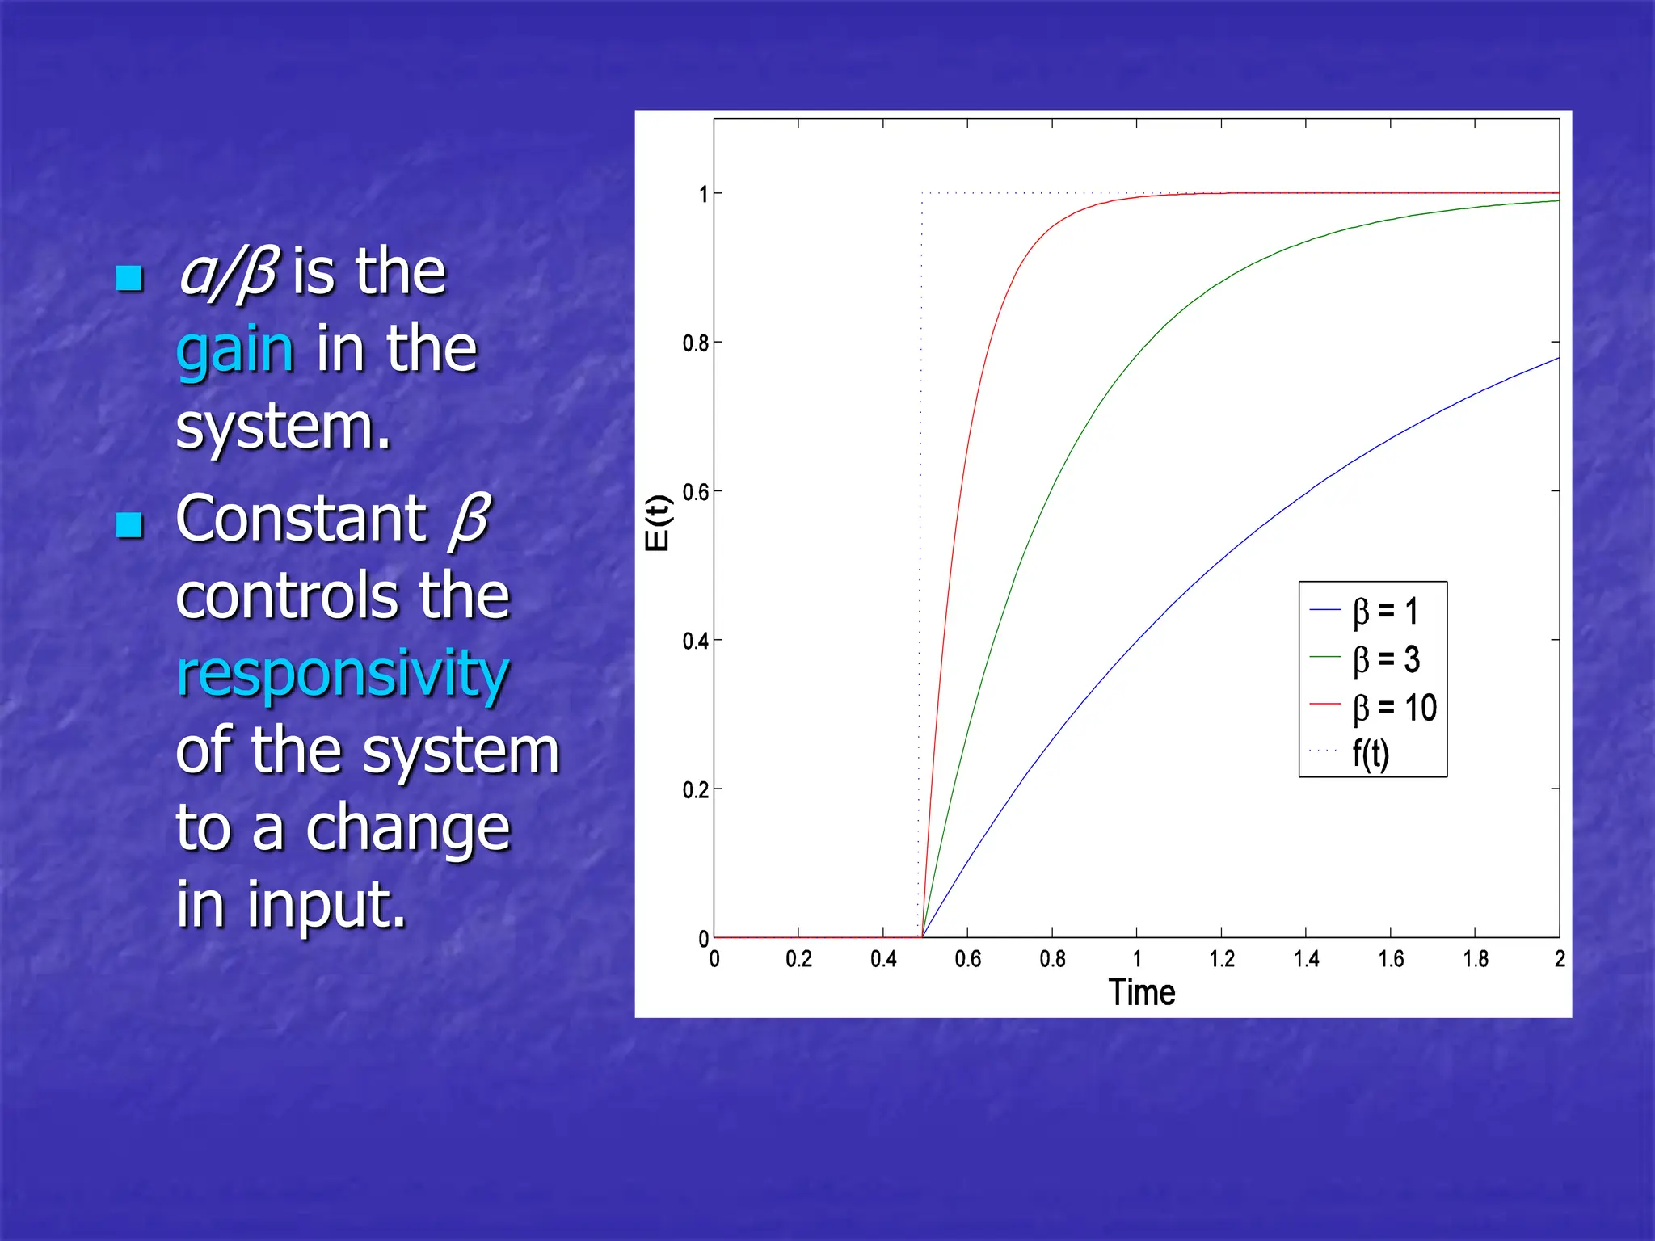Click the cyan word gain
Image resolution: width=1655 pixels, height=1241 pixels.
(x=234, y=351)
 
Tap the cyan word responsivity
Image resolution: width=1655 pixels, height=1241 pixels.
(x=343, y=673)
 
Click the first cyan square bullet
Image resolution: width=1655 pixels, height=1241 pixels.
(x=129, y=278)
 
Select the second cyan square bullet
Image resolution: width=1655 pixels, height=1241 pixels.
(x=129, y=525)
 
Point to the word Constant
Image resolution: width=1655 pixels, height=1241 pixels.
(x=301, y=519)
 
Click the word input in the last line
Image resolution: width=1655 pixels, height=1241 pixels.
(x=326, y=905)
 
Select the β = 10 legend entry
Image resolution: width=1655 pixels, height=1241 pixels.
(x=1394, y=708)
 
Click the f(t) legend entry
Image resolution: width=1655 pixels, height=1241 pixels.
(x=1371, y=754)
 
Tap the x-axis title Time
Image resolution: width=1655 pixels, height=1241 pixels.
(x=1141, y=992)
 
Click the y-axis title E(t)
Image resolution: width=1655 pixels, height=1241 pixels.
(x=658, y=523)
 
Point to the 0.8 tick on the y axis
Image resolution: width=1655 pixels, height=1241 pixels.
(x=695, y=344)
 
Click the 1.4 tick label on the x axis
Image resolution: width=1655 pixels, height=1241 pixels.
(x=1306, y=959)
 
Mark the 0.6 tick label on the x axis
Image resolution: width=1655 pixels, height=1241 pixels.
(x=967, y=959)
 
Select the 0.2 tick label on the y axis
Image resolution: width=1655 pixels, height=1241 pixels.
(x=695, y=790)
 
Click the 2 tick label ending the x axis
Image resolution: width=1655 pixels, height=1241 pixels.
(x=1560, y=959)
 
